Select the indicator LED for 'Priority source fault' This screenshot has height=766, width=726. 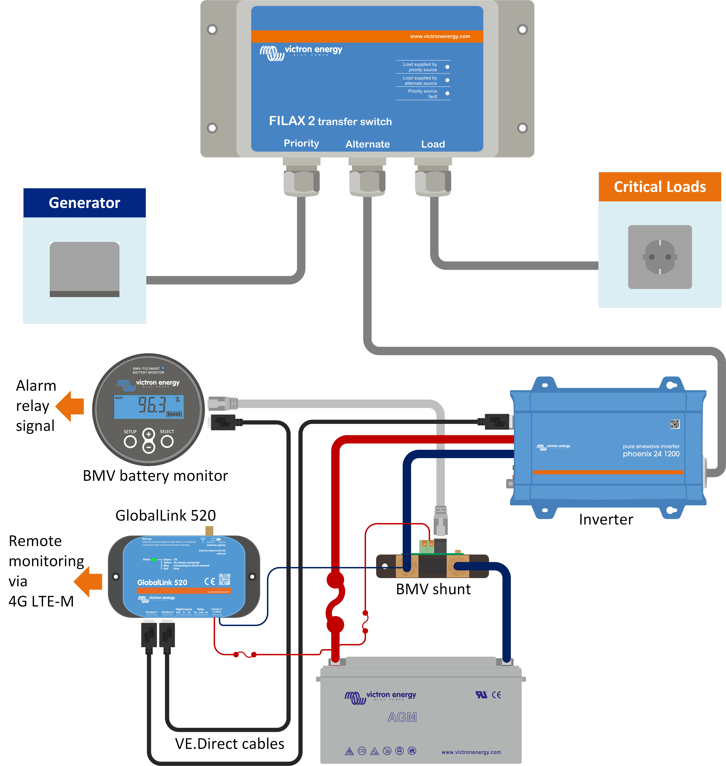pos(447,93)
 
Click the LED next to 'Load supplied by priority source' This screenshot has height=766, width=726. pos(447,67)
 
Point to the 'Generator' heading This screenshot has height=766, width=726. pos(84,203)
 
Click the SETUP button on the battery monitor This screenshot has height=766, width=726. pos(130,441)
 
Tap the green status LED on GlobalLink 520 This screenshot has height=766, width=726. pos(154,560)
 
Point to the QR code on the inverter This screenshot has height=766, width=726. pos(675,424)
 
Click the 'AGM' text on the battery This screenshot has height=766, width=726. pos(402,717)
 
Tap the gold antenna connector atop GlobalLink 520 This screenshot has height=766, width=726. pos(209,530)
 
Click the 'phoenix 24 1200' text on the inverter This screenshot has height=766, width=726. pos(651,454)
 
